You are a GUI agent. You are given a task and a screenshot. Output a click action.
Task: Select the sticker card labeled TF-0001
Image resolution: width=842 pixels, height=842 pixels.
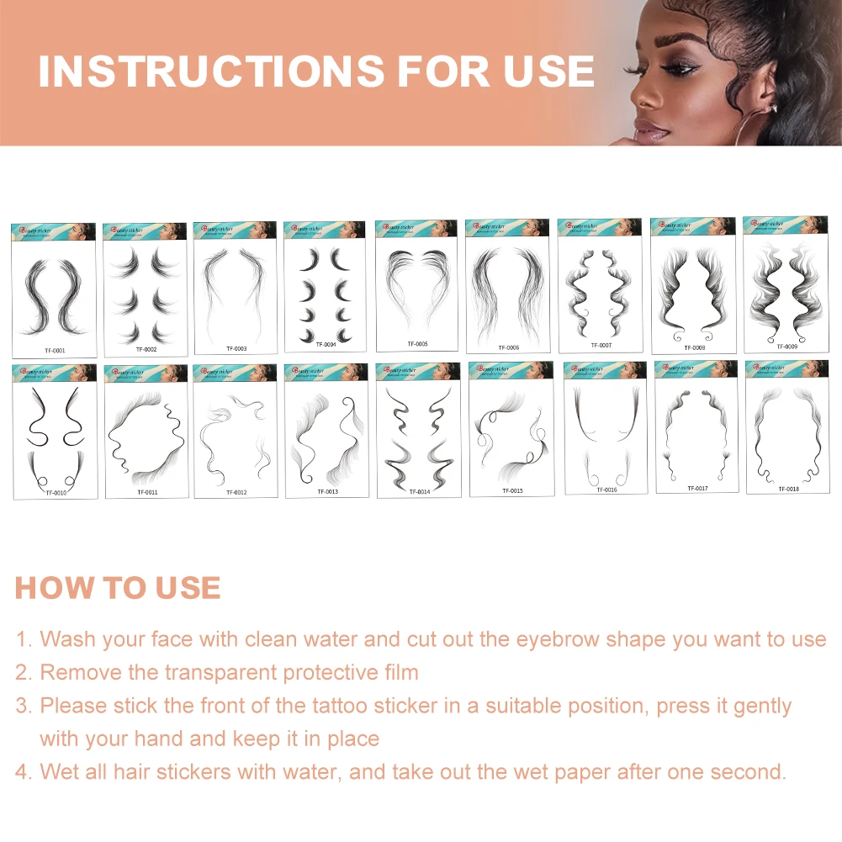pos(53,290)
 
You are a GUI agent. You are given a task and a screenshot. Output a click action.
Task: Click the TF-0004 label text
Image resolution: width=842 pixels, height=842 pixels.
pos(326,345)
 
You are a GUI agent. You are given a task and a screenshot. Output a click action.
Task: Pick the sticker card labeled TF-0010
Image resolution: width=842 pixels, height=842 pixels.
pos(55,432)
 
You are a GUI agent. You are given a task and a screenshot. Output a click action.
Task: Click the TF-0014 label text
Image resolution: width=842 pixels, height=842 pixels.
pos(418,491)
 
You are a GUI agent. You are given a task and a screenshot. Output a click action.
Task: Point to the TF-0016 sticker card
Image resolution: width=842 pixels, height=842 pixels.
pos(606,428)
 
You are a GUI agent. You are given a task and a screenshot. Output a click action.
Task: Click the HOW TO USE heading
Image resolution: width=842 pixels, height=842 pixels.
pos(118,588)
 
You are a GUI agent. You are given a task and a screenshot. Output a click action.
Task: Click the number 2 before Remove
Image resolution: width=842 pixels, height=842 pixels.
pos(23,673)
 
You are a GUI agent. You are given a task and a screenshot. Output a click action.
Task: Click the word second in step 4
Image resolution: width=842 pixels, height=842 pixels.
pos(739,772)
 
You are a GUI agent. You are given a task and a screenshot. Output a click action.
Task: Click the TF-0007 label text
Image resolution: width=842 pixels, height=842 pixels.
pos(601,346)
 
